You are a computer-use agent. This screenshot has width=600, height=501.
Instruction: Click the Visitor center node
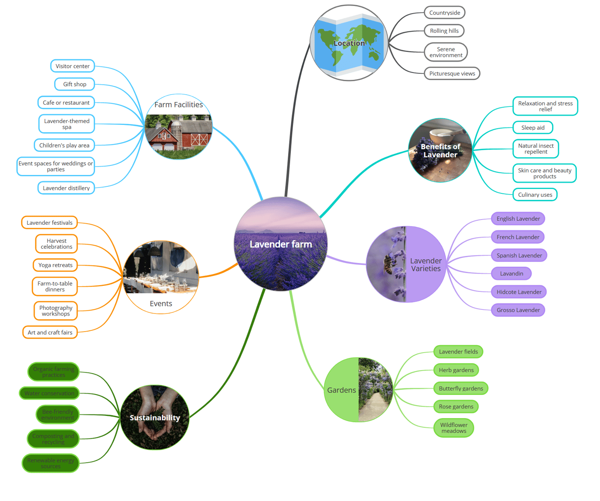(x=72, y=66)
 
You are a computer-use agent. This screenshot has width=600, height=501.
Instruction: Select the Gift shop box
(x=75, y=84)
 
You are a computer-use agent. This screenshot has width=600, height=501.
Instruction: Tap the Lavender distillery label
(x=66, y=188)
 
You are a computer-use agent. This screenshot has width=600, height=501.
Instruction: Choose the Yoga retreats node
(x=55, y=265)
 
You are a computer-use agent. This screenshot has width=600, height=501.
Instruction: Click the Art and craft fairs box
(x=50, y=333)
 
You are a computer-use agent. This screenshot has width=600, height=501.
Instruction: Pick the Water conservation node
(x=49, y=393)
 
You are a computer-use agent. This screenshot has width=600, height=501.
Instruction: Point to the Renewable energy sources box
(x=51, y=463)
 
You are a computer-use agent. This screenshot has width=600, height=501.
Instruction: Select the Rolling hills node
(x=444, y=31)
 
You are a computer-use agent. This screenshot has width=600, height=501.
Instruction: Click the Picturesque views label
(x=452, y=74)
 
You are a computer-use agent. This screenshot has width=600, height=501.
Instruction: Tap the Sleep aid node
(x=532, y=128)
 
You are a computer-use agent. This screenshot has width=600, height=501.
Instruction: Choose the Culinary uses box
(x=535, y=195)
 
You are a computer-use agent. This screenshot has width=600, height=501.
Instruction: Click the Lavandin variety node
(x=511, y=274)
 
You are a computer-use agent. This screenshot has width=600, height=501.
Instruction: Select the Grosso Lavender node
(x=518, y=310)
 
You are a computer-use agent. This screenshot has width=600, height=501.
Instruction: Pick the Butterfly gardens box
(x=460, y=388)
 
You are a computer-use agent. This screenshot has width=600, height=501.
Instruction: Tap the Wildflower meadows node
(x=453, y=428)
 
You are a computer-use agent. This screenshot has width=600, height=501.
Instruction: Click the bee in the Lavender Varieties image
(x=388, y=264)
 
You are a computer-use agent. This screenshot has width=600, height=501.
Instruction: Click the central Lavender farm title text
(x=281, y=244)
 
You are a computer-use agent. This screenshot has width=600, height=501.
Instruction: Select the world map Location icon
(x=349, y=43)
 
